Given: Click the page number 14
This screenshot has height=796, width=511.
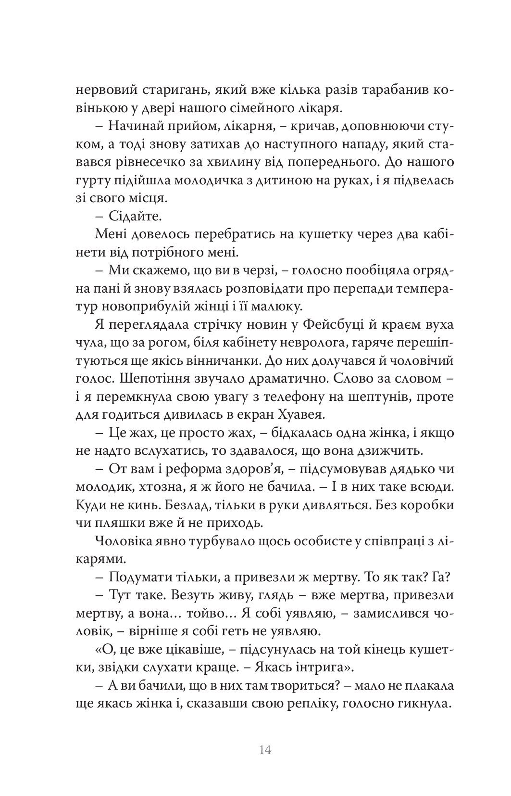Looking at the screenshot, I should pyautogui.click(x=265, y=750).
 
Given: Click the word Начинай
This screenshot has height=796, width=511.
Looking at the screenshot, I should pyautogui.click(x=136, y=126).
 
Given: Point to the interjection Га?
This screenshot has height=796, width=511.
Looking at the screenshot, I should pyautogui.click(x=444, y=577).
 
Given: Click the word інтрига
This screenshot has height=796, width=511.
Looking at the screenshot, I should pyautogui.click(x=310, y=667).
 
